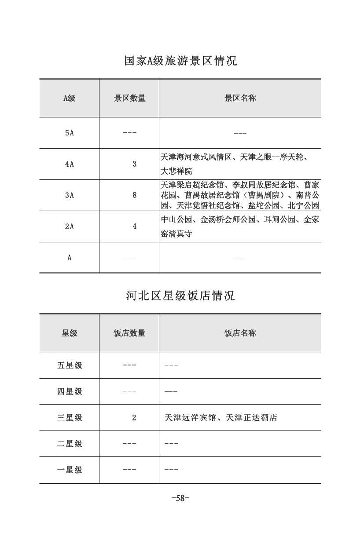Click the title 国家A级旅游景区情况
180,61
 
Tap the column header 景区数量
130,98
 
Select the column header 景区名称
240,98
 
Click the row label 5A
69,133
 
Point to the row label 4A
69,164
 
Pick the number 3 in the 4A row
134,164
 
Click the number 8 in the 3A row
134,195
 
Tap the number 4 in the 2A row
134,226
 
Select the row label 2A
69,226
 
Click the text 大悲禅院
176,171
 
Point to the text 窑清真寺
176,234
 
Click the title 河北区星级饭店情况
180,296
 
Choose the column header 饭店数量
129,333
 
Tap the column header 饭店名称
240,333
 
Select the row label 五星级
70,365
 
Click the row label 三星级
70,418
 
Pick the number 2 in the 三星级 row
134,418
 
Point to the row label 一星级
70,470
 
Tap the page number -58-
180,499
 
